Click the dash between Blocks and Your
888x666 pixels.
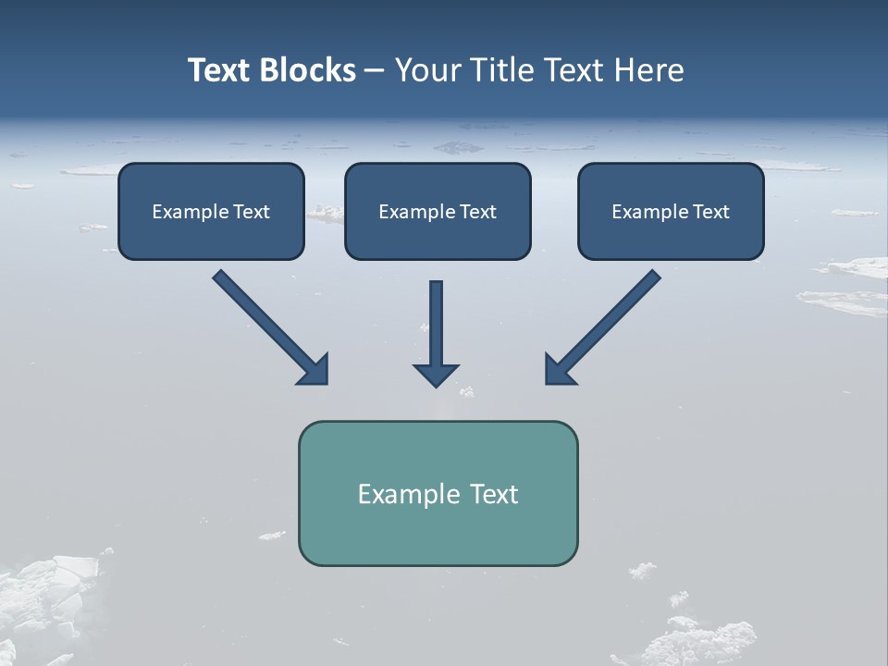(375, 71)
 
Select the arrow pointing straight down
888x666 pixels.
(437, 324)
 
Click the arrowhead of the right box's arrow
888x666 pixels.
(559, 369)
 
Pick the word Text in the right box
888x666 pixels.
(710, 212)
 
